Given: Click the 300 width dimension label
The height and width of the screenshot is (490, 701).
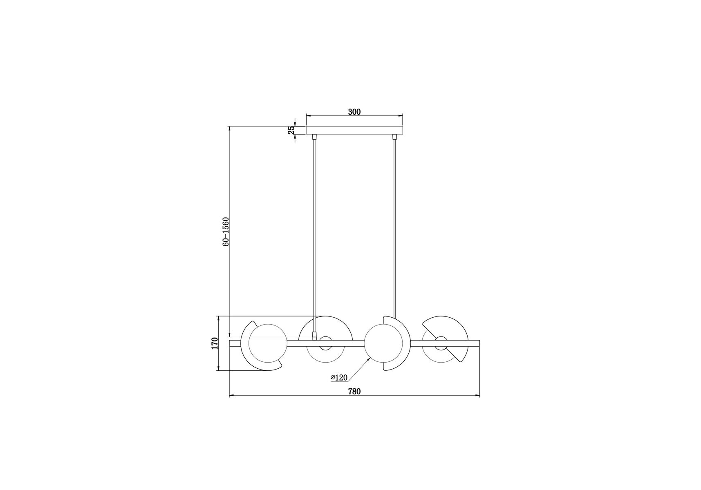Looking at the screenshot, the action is (x=354, y=111).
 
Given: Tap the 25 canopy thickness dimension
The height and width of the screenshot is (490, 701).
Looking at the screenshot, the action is (x=291, y=130).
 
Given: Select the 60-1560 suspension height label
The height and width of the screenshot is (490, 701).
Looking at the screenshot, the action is (x=226, y=232).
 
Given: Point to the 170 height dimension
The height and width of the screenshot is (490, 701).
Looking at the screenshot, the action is (x=215, y=343).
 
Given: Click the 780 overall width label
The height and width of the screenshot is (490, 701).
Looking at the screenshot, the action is (x=354, y=391).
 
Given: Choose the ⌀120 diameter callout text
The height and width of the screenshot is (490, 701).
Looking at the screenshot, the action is (x=339, y=378).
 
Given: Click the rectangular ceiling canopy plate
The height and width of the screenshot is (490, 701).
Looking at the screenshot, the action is (x=354, y=130).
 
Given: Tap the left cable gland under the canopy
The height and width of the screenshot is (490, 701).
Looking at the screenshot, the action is (x=314, y=137).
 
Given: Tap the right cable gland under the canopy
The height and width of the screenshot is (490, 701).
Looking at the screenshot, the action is (x=394, y=137).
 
